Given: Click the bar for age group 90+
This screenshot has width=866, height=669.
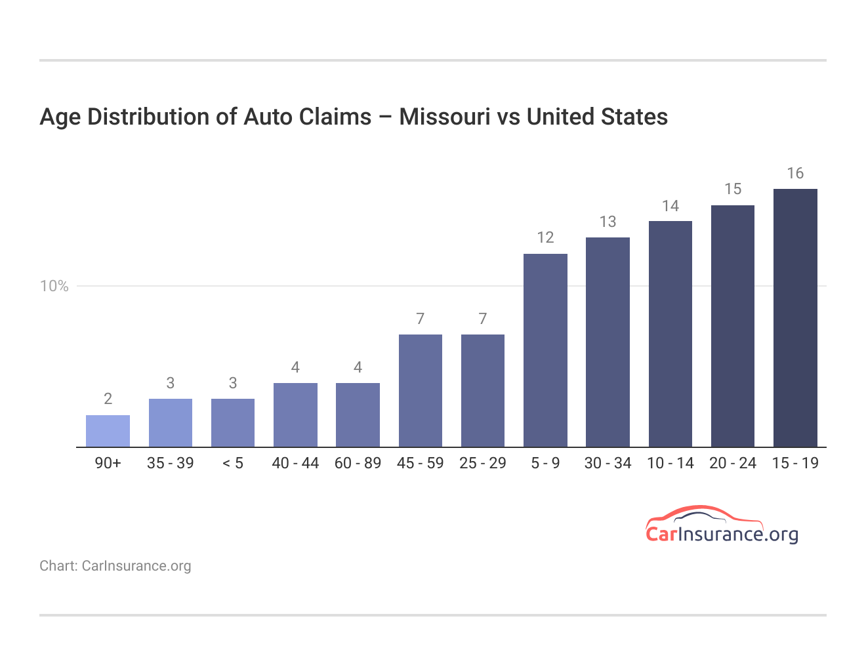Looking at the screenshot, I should click(108, 431).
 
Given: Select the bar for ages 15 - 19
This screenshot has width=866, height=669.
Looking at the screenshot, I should click(795, 318).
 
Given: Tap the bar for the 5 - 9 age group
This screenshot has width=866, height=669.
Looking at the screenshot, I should click(545, 350).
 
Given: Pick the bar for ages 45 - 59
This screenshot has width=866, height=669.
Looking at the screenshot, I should click(420, 391).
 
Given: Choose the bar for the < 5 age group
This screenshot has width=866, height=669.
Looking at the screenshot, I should click(233, 423).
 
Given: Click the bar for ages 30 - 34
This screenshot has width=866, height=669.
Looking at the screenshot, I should click(608, 342).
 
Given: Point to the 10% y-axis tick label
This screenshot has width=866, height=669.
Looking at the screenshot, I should click(54, 286).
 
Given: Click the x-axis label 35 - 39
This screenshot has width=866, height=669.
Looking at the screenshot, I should click(170, 463).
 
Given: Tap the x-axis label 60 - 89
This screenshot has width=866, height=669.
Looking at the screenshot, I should click(358, 463).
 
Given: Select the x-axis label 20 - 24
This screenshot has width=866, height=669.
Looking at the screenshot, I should click(733, 463).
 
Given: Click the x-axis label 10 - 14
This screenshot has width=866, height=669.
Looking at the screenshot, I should click(670, 463).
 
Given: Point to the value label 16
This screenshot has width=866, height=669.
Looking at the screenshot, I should click(795, 173).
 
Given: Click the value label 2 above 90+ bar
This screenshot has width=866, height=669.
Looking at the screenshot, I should click(108, 399).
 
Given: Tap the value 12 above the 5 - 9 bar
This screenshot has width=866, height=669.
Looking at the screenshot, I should click(545, 237).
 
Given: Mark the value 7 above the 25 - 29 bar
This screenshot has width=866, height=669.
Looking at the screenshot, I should click(483, 319).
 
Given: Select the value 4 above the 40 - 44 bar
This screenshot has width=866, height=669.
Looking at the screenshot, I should click(295, 367).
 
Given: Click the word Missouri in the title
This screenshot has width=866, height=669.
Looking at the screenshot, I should click(444, 117).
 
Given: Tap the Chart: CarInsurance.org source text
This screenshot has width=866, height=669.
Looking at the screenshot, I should click(115, 566).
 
